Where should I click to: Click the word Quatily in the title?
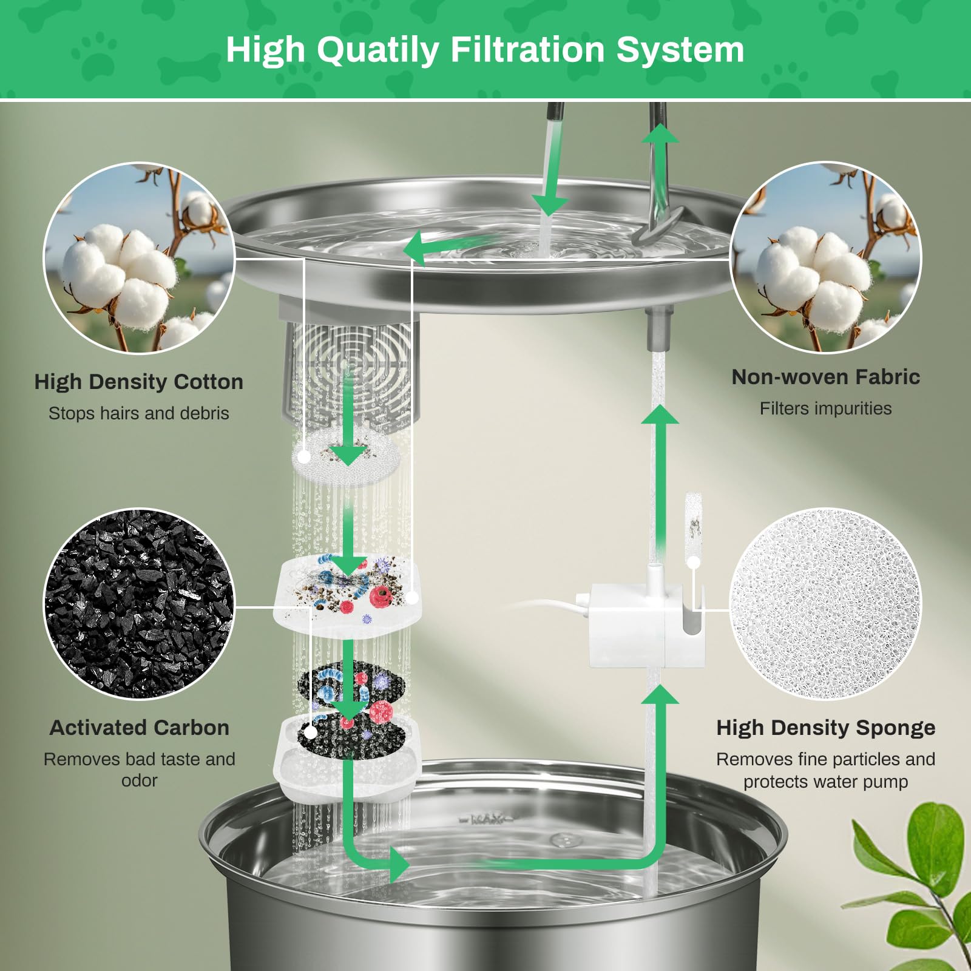(x=377, y=50)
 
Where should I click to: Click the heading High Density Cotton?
(x=138, y=382)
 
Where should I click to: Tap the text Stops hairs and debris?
(x=138, y=413)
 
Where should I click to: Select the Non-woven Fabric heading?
(x=825, y=377)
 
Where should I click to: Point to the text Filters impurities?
(x=825, y=408)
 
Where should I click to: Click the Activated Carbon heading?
(x=139, y=728)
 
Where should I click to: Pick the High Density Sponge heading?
(x=825, y=728)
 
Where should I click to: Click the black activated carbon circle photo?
(x=139, y=604)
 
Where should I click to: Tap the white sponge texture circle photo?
(x=825, y=604)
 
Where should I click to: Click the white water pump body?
(x=631, y=625)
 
